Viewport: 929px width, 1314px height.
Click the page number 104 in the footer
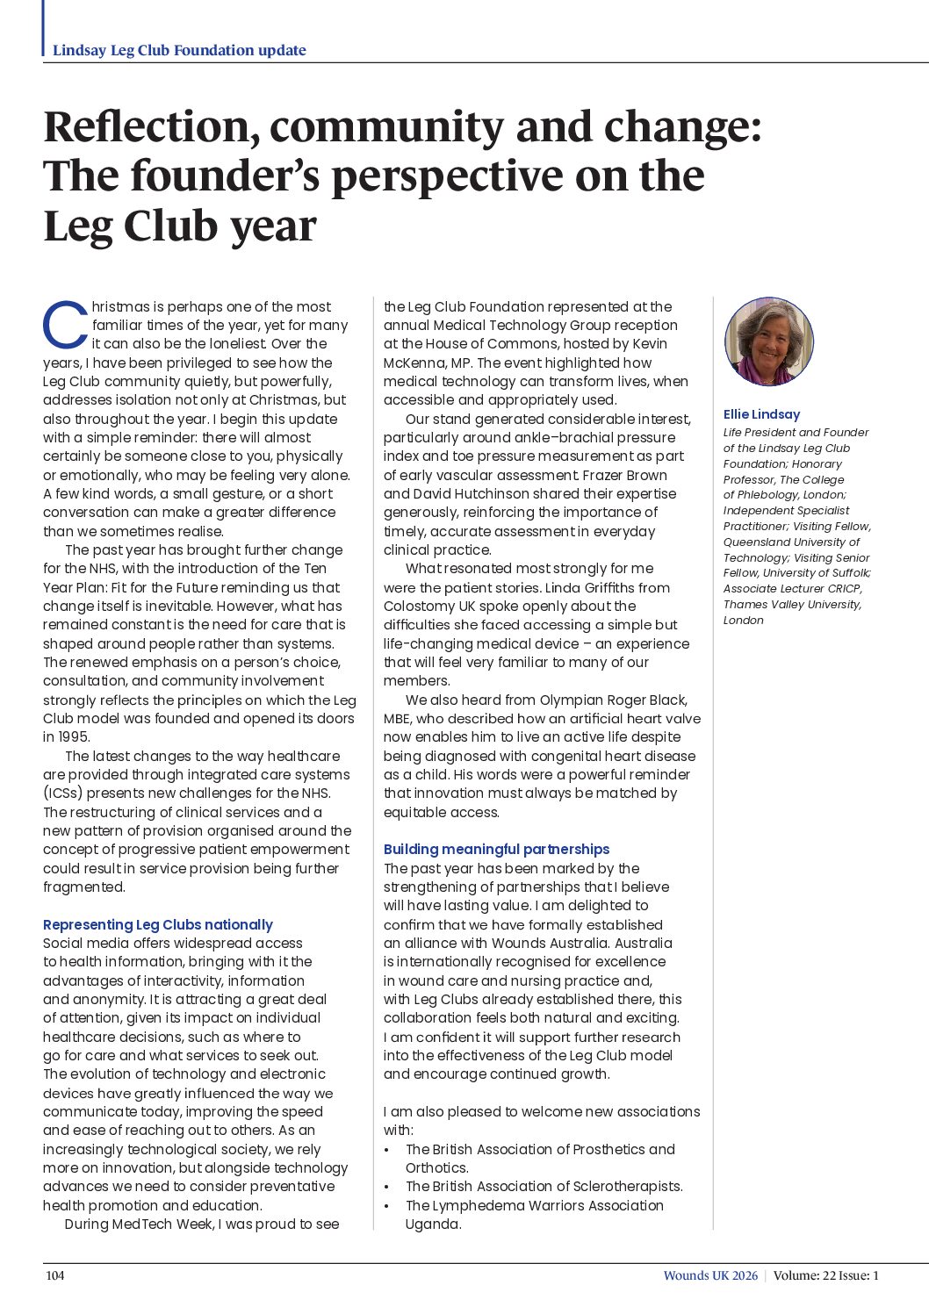pyautogui.click(x=55, y=1275)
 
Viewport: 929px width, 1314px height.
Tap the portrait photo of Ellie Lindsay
pyautogui.click(x=769, y=341)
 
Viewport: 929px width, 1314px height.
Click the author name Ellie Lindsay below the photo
pyautogui.click(x=761, y=414)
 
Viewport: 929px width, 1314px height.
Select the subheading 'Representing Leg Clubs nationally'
pyautogui.click(x=158, y=924)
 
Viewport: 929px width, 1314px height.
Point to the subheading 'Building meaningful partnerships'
pyautogui.click(x=496, y=849)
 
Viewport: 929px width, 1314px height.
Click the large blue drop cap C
pyautogui.click(x=65, y=325)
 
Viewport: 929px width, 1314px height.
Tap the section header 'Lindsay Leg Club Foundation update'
pyautogui.click(x=179, y=50)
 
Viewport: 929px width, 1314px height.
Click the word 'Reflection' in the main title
pyautogui.click(x=150, y=127)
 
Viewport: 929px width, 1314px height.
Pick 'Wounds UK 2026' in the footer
pyautogui.click(x=709, y=1275)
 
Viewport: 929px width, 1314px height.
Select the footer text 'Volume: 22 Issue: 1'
pyautogui.click(x=825, y=1275)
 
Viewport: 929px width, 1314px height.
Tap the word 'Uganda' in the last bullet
pyautogui.click(x=432, y=1224)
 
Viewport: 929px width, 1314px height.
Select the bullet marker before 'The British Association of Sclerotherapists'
pyautogui.click(x=387, y=1187)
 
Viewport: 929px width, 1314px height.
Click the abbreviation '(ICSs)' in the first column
pyautogui.click(x=63, y=793)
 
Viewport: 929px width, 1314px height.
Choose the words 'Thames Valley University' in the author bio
pyautogui.click(x=791, y=604)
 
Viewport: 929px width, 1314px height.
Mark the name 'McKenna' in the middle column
pyautogui.click(x=415, y=363)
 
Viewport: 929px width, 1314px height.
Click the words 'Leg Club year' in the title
pyautogui.click(x=179, y=226)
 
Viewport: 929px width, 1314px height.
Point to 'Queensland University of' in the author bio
pyautogui.click(x=791, y=542)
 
